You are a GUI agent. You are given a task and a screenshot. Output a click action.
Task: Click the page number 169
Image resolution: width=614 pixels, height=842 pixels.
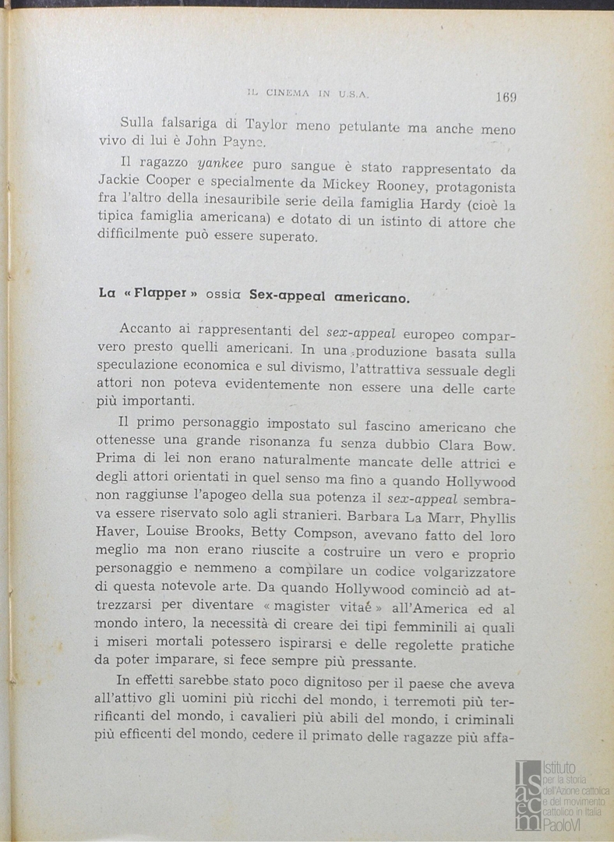coord(506,97)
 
